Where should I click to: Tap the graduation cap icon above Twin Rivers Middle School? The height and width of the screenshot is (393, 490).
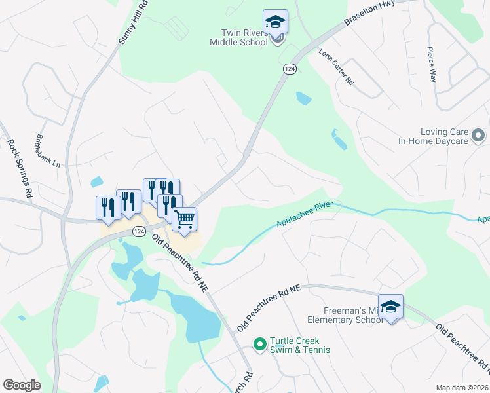(276, 22)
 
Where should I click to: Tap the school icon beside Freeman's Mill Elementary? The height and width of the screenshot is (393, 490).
(390, 307)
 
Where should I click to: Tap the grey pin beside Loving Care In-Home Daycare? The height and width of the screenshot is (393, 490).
(478, 136)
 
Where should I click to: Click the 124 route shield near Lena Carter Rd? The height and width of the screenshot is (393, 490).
(290, 69)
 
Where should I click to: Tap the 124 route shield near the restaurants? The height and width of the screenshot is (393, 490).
(138, 231)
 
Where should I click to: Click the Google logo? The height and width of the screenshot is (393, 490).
(22, 385)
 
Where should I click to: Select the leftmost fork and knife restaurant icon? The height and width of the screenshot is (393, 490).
(108, 208)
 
